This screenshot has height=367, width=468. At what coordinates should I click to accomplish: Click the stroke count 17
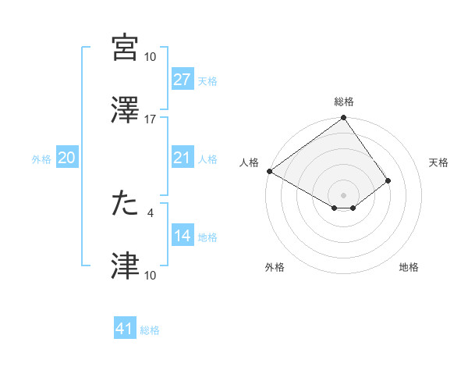tap(151, 119)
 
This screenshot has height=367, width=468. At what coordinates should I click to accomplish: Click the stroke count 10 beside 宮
tap(151, 57)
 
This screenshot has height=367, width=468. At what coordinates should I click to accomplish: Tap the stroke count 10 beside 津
tap(151, 275)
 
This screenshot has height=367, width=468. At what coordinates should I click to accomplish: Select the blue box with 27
tap(183, 80)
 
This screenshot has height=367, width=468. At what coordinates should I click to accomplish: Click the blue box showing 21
tap(183, 159)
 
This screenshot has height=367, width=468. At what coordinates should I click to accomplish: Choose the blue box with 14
tap(183, 237)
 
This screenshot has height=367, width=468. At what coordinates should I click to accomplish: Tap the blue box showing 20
tap(66, 159)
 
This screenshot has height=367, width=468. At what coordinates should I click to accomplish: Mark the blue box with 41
tap(125, 330)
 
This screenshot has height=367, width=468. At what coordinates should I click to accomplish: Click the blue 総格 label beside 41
tap(150, 330)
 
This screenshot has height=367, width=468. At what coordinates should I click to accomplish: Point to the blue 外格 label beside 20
tap(41, 159)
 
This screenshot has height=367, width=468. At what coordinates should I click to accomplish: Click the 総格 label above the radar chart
tap(344, 102)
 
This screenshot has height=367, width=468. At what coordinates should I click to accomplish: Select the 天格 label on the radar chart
tap(439, 162)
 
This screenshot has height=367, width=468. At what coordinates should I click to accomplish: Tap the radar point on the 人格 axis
tap(269, 171)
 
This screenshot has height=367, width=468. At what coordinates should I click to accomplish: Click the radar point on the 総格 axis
tap(344, 119)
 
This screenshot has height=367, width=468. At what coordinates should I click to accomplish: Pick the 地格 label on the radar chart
tap(409, 268)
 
